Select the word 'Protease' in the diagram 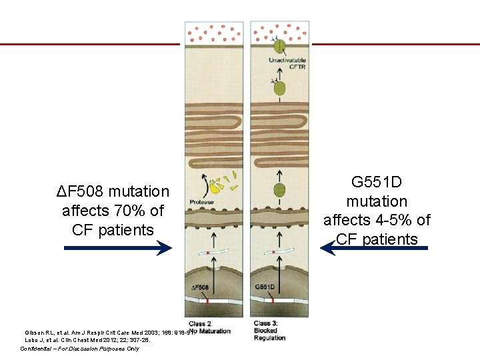coord(202,202)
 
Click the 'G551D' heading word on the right coord(377,182)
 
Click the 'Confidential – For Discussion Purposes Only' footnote coord(79,349)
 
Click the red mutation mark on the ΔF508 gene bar coord(208,302)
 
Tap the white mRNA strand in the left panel coord(209,254)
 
